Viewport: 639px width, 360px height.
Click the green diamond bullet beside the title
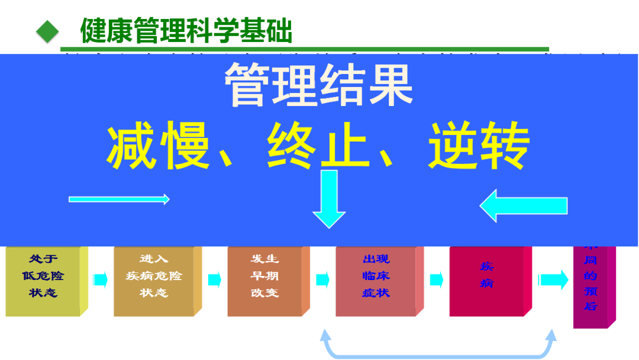click(47, 31)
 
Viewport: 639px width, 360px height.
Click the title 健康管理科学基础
click(186, 31)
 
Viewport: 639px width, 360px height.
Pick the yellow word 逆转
click(478, 146)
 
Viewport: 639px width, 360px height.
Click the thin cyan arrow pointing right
click(119, 200)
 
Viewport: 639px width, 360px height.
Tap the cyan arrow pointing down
click(329, 198)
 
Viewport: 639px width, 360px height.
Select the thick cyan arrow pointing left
click(523, 205)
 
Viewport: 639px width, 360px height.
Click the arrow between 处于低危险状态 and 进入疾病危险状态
click(101, 279)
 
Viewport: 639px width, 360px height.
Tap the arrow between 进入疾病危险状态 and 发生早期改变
click(214, 279)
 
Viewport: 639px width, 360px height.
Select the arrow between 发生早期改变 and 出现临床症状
click(322, 279)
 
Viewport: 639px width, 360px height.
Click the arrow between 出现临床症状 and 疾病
click(436, 279)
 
